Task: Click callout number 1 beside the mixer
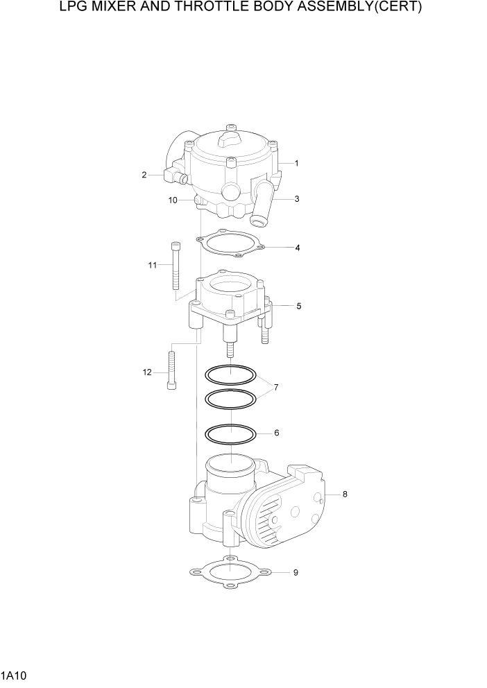(x=296, y=164)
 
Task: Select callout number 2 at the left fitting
(x=144, y=175)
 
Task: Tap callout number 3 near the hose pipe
(x=296, y=199)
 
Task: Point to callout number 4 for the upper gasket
(x=297, y=247)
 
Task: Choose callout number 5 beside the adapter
(x=298, y=305)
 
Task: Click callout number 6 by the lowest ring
(x=276, y=433)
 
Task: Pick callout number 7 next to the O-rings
(x=276, y=387)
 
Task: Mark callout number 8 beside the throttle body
(x=344, y=495)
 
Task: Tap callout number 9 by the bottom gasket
(x=296, y=573)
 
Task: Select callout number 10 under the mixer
(x=173, y=200)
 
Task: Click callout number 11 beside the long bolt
(x=152, y=264)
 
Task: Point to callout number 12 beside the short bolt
(x=147, y=372)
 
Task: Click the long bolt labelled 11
(x=174, y=266)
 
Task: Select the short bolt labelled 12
(x=171, y=371)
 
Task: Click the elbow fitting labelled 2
(x=174, y=175)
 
